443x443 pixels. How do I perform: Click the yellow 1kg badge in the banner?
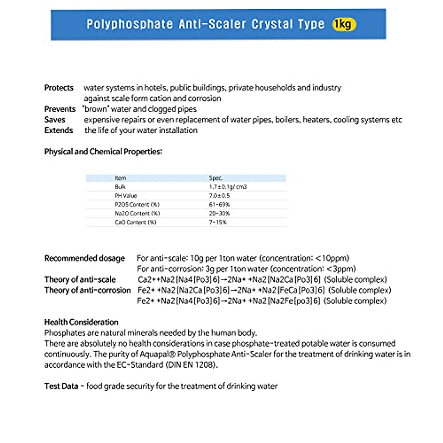click(344, 24)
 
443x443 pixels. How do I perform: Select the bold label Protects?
click(59, 88)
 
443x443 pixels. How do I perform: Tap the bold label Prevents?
click(59, 109)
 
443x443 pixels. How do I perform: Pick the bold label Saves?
click(55, 120)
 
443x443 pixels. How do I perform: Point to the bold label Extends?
click(58, 131)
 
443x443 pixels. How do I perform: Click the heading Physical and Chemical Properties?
click(103, 152)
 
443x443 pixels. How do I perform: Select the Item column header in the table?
click(120, 178)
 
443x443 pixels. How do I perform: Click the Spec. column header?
click(216, 178)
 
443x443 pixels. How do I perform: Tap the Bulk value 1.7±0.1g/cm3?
click(228, 187)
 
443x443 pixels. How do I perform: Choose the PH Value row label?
click(126, 196)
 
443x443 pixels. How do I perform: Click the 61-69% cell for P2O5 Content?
click(219, 205)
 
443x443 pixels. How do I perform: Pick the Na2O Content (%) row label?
click(137, 214)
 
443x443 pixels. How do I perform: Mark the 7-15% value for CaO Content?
click(218, 223)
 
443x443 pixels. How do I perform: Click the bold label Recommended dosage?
click(85, 258)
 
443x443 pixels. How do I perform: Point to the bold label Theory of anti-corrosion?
click(87, 291)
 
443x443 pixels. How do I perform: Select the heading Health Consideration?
click(81, 322)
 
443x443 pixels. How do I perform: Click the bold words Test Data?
click(61, 387)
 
